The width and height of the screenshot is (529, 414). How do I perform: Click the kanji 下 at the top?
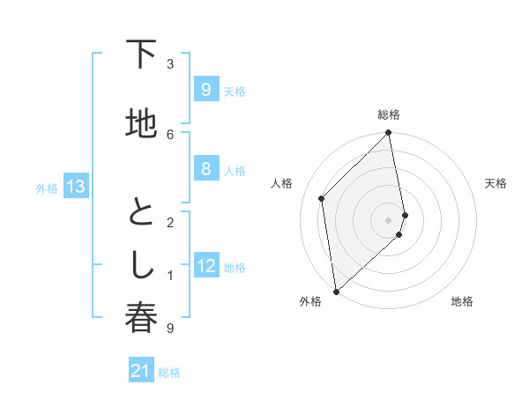coord(141,55)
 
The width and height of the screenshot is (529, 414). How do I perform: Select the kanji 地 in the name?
coord(141,124)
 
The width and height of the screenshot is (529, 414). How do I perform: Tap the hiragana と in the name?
coord(141,211)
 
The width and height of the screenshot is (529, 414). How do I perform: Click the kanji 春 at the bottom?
coord(141,318)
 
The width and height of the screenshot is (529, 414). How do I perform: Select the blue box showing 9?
coord(205,90)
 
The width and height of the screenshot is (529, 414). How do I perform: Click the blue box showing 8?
coord(205,169)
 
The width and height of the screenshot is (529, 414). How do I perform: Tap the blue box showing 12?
coord(206,266)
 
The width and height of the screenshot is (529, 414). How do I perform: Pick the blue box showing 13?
coord(76,187)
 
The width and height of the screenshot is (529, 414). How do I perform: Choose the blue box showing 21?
coord(141,372)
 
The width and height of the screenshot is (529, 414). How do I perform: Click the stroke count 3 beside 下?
coord(170,63)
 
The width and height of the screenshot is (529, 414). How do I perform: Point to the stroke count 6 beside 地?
coord(170,133)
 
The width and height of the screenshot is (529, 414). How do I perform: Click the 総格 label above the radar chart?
coord(389,115)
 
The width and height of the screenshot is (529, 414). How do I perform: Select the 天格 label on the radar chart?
coord(496,183)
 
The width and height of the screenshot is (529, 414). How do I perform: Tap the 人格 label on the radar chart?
coord(282,183)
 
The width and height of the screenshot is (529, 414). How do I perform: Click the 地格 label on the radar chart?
coord(462,301)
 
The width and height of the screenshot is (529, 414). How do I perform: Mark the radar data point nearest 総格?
coord(389,133)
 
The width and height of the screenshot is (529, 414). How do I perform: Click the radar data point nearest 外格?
coord(336,292)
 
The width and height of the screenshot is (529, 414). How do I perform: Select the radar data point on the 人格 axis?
coord(322,198)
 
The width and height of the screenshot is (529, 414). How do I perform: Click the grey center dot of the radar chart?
coord(389,219)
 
